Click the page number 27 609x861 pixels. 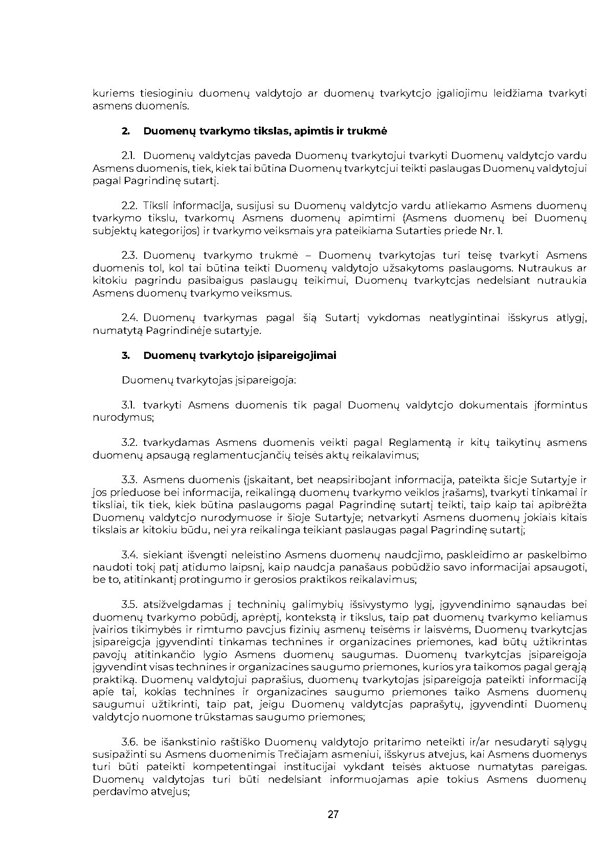(333, 815)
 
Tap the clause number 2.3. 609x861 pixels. (130, 256)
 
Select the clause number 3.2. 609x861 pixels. (130, 443)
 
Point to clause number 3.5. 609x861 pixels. (130, 605)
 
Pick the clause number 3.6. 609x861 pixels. (130, 742)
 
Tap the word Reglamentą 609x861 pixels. (419, 443)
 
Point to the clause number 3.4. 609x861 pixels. (130, 555)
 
